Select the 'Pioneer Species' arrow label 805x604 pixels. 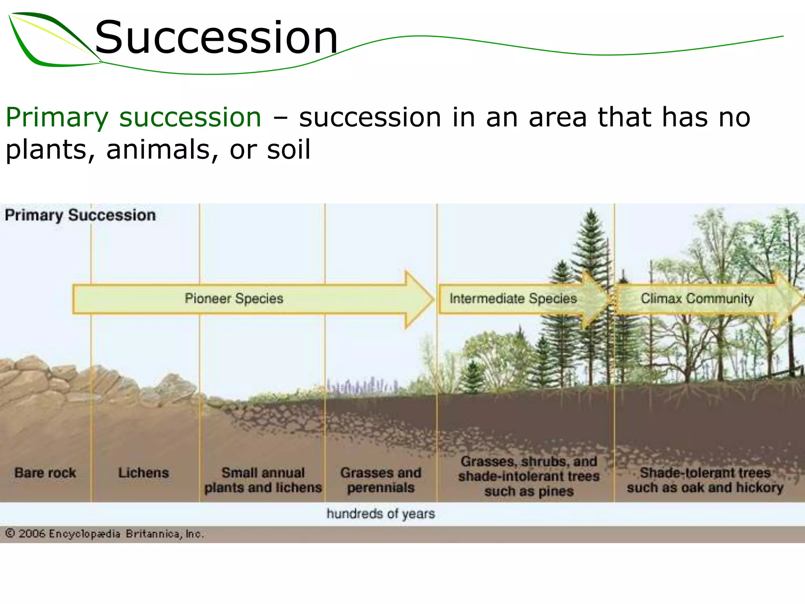pos(234,298)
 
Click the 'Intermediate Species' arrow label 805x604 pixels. pos(513,298)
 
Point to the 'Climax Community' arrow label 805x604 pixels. pos(697,298)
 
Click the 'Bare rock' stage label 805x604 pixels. pos(45,473)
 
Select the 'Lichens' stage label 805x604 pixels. pos(143,473)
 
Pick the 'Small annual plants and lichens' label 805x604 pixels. pos(263,480)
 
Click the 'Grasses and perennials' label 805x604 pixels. pos(381,480)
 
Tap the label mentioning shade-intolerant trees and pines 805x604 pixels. pos(529,476)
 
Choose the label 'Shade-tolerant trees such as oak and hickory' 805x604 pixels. pos(705,480)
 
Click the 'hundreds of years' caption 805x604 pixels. pos(380,514)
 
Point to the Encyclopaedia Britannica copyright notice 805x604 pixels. pos(105,534)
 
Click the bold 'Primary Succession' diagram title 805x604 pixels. pos(80,215)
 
